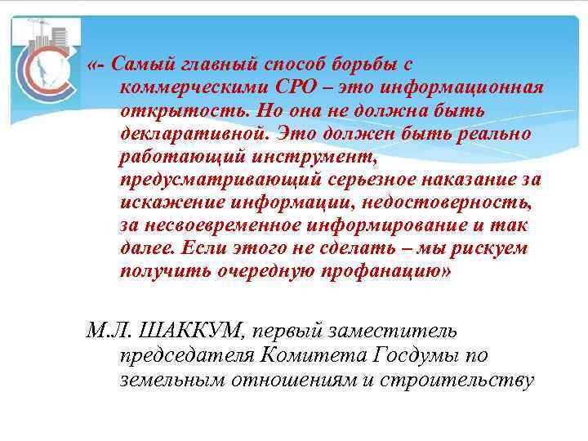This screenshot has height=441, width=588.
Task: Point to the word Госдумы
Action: (419, 355)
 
